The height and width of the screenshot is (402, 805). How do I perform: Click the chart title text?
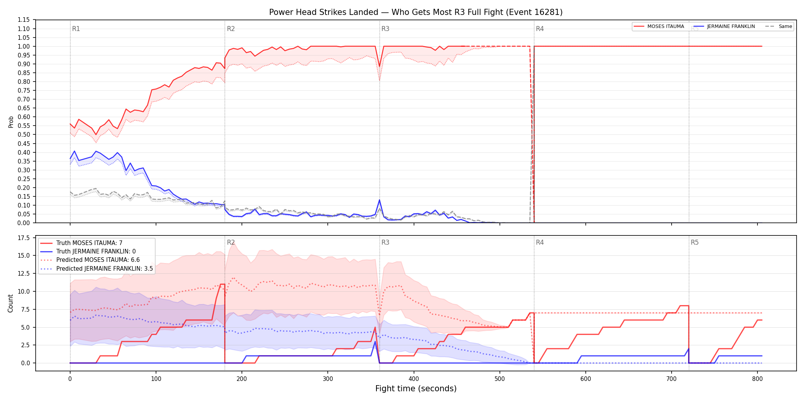416,12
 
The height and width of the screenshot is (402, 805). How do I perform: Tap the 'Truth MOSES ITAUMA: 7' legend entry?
89,243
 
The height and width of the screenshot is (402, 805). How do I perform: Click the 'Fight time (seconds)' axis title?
416,389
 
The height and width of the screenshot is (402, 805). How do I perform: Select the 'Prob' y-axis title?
11,122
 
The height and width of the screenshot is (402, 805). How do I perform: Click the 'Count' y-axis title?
10,303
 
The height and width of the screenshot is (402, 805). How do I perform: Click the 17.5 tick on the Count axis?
25,238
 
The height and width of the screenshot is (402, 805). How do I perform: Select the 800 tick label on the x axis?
757,379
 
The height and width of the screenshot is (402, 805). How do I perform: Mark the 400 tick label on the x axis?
414,379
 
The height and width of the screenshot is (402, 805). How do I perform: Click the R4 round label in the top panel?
540,29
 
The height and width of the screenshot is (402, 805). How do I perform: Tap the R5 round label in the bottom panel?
695,243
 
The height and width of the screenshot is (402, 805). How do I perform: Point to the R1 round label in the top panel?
76,29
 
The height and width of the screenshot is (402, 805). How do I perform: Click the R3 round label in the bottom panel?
385,243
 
